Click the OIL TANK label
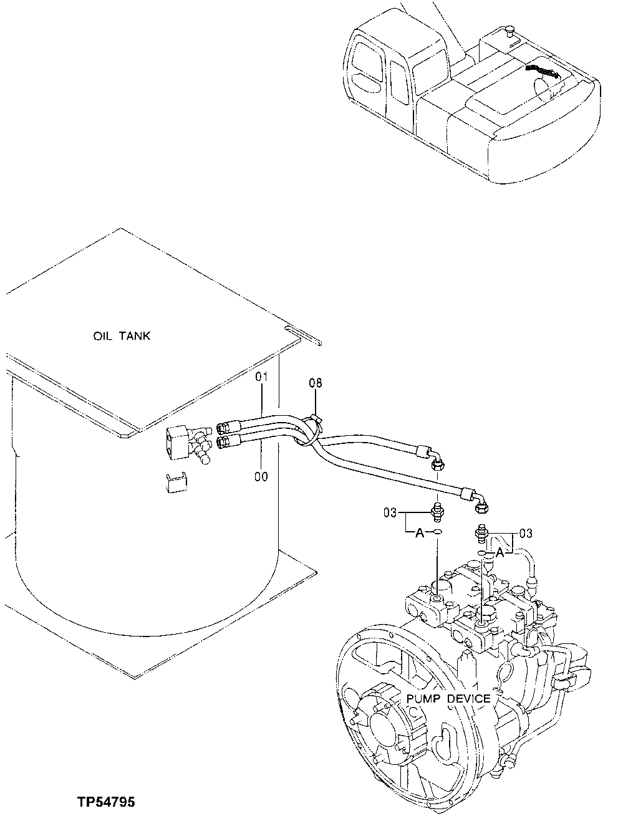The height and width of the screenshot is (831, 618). pyautogui.click(x=122, y=336)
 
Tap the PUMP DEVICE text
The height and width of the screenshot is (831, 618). pyautogui.click(x=448, y=698)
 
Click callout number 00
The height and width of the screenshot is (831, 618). pyautogui.click(x=261, y=477)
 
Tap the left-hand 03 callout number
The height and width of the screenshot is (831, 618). pyautogui.click(x=390, y=512)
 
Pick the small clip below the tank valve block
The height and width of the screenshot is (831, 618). pyautogui.click(x=176, y=483)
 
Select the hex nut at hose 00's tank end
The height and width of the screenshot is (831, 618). pyautogui.click(x=223, y=442)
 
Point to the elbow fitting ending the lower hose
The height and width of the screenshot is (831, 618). pyautogui.click(x=481, y=503)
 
